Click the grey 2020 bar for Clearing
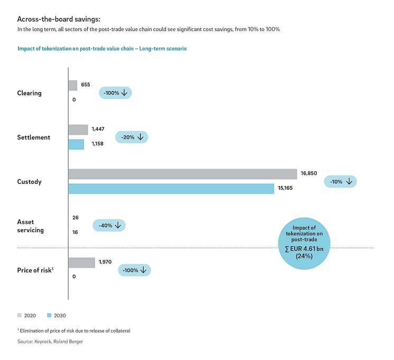coord(73,85)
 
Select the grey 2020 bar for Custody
coord(183,174)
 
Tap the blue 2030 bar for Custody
coord(171,188)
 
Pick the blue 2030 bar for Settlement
coord(76,144)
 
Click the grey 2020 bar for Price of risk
coord(82,262)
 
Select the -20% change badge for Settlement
coord(132,137)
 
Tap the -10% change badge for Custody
coord(341,182)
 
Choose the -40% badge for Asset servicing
coord(109,225)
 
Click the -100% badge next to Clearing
coord(115,93)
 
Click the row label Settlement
coord(34,137)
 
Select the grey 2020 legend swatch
coord(20,315)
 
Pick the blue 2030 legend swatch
coord(50,315)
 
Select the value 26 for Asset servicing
coord(76,217)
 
